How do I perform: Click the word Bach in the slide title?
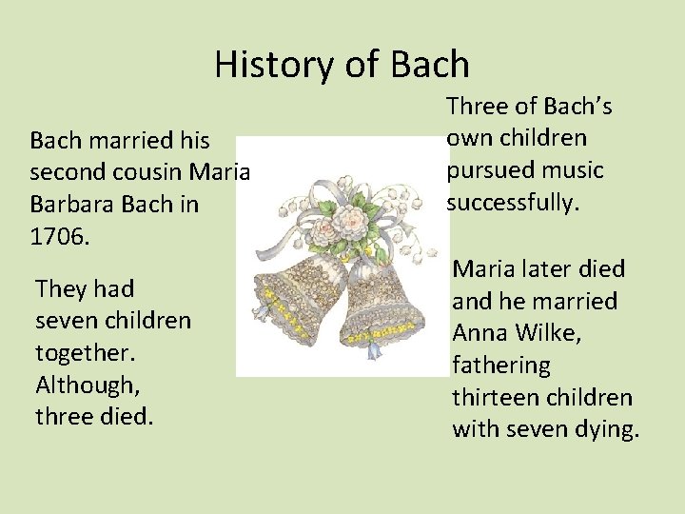coord(431,65)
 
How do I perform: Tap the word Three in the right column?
coord(479,106)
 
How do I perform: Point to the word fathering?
coord(500,366)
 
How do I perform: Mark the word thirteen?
coord(492,398)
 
